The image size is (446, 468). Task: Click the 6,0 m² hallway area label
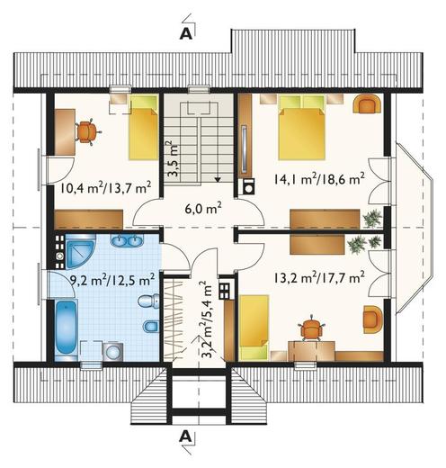203,208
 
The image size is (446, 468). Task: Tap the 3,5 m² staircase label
172,158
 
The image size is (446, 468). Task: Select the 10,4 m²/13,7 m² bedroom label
105,188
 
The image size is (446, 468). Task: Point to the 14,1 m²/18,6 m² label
318,179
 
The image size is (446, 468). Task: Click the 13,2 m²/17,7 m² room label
318,278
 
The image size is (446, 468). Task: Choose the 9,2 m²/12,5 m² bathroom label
112,280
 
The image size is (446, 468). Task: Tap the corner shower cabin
80,251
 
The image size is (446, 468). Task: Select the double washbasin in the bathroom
127,240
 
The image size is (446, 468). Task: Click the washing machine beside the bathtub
112,351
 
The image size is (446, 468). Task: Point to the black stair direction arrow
218,179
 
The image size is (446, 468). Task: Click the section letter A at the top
185,34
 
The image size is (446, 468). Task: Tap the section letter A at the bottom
185,436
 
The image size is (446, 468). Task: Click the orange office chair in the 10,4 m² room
87,131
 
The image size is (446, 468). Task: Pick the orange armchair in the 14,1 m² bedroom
368,103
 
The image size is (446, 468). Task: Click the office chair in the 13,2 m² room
313,328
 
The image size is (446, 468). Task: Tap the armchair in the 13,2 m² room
373,319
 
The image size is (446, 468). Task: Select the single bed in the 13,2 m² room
254,328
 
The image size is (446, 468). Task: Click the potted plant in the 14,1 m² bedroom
372,219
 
